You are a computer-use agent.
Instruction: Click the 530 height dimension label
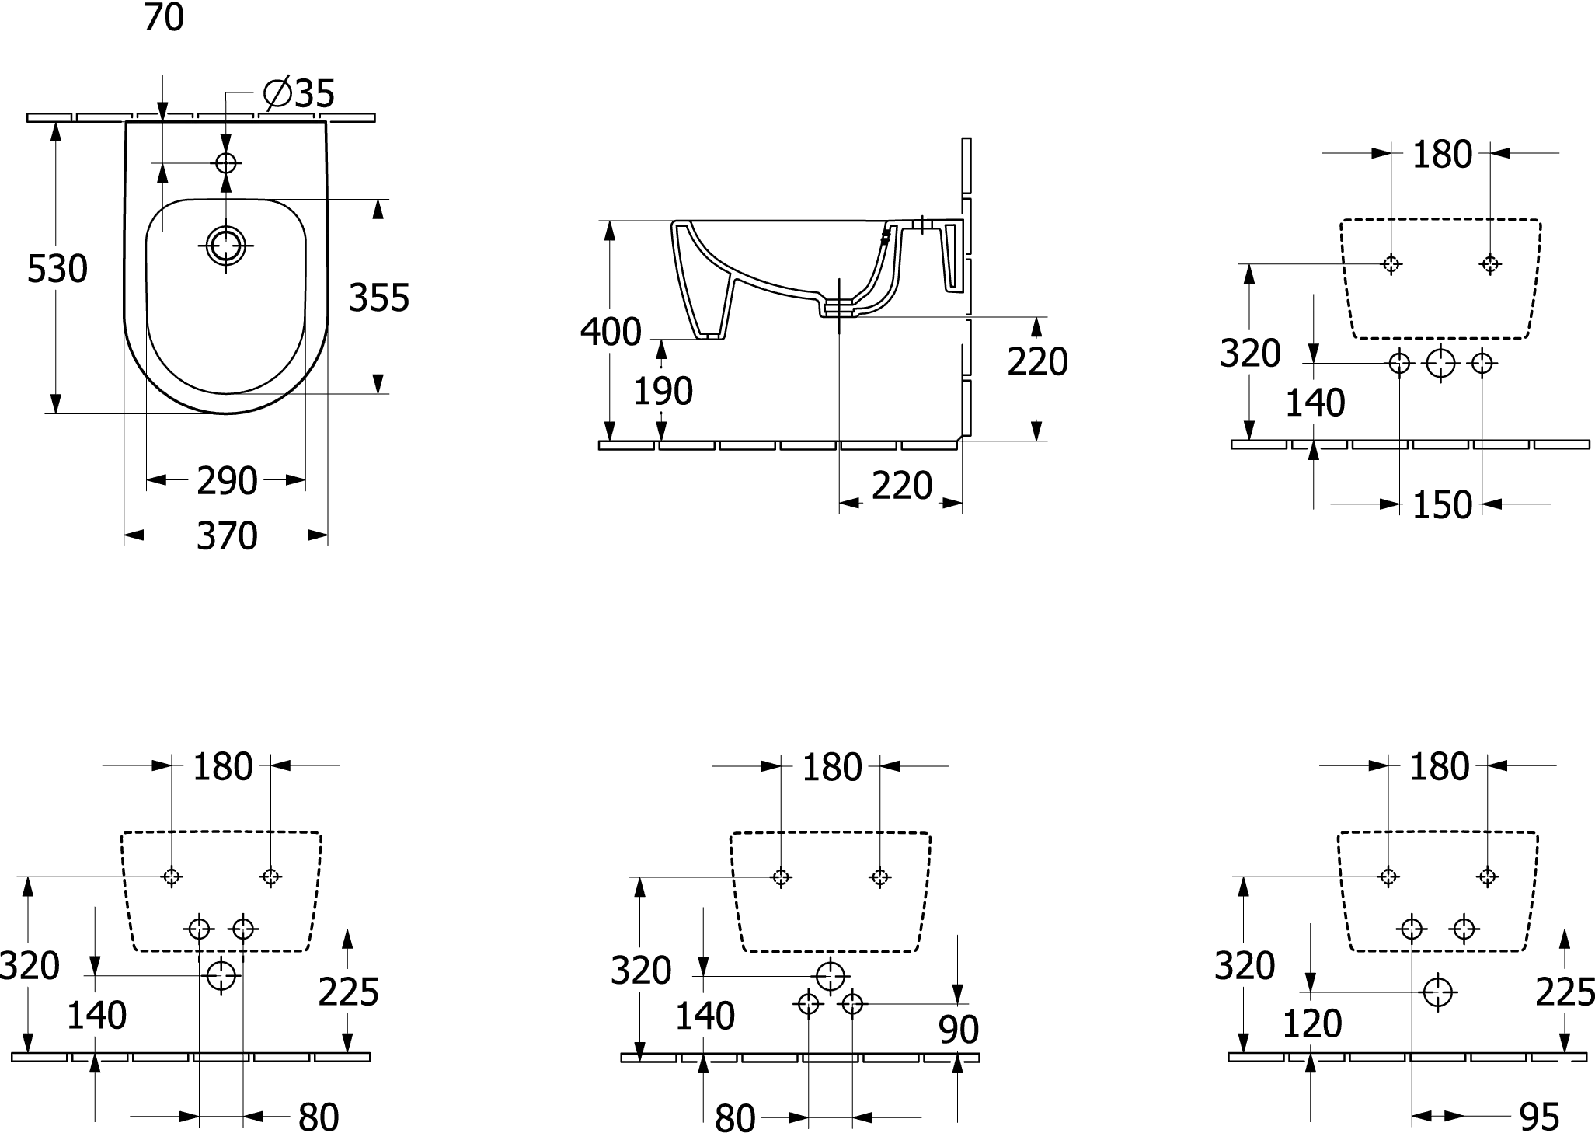(x=57, y=270)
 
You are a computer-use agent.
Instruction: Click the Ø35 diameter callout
(x=299, y=94)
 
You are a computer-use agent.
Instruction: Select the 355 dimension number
(x=379, y=298)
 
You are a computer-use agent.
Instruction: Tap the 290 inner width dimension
(x=227, y=481)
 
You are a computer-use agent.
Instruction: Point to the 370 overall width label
(x=227, y=535)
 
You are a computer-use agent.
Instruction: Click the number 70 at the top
(x=164, y=17)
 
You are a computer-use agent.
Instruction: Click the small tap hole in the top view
(x=226, y=163)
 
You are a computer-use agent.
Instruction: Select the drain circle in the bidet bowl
(x=226, y=246)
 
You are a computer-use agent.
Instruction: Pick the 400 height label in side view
(x=611, y=332)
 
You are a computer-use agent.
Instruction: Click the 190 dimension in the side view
(x=663, y=391)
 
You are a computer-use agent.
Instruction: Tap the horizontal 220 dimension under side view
(x=902, y=486)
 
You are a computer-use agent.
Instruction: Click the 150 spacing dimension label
(x=1442, y=505)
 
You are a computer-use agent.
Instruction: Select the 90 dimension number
(x=959, y=1030)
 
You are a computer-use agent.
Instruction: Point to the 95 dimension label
(x=1539, y=1117)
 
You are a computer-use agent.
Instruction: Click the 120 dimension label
(x=1312, y=1024)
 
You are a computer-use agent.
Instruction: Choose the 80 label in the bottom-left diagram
(x=319, y=1117)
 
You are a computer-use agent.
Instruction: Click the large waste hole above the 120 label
(x=1437, y=992)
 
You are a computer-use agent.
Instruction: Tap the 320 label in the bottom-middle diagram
(x=641, y=971)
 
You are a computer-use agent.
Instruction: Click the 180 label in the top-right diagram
(x=1442, y=155)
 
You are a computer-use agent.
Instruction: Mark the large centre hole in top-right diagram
(x=1440, y=363)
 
